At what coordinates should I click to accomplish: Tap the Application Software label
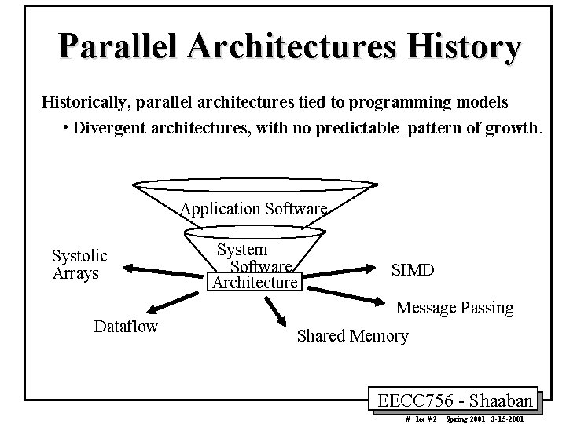253,209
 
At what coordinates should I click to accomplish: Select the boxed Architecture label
253,282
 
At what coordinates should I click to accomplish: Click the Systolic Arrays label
79,264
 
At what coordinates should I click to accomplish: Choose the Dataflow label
126,326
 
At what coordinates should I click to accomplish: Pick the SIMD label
412,270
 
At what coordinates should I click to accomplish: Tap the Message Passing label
454,308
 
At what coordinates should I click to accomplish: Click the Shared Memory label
352,336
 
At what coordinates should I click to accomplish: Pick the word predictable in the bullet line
358,127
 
